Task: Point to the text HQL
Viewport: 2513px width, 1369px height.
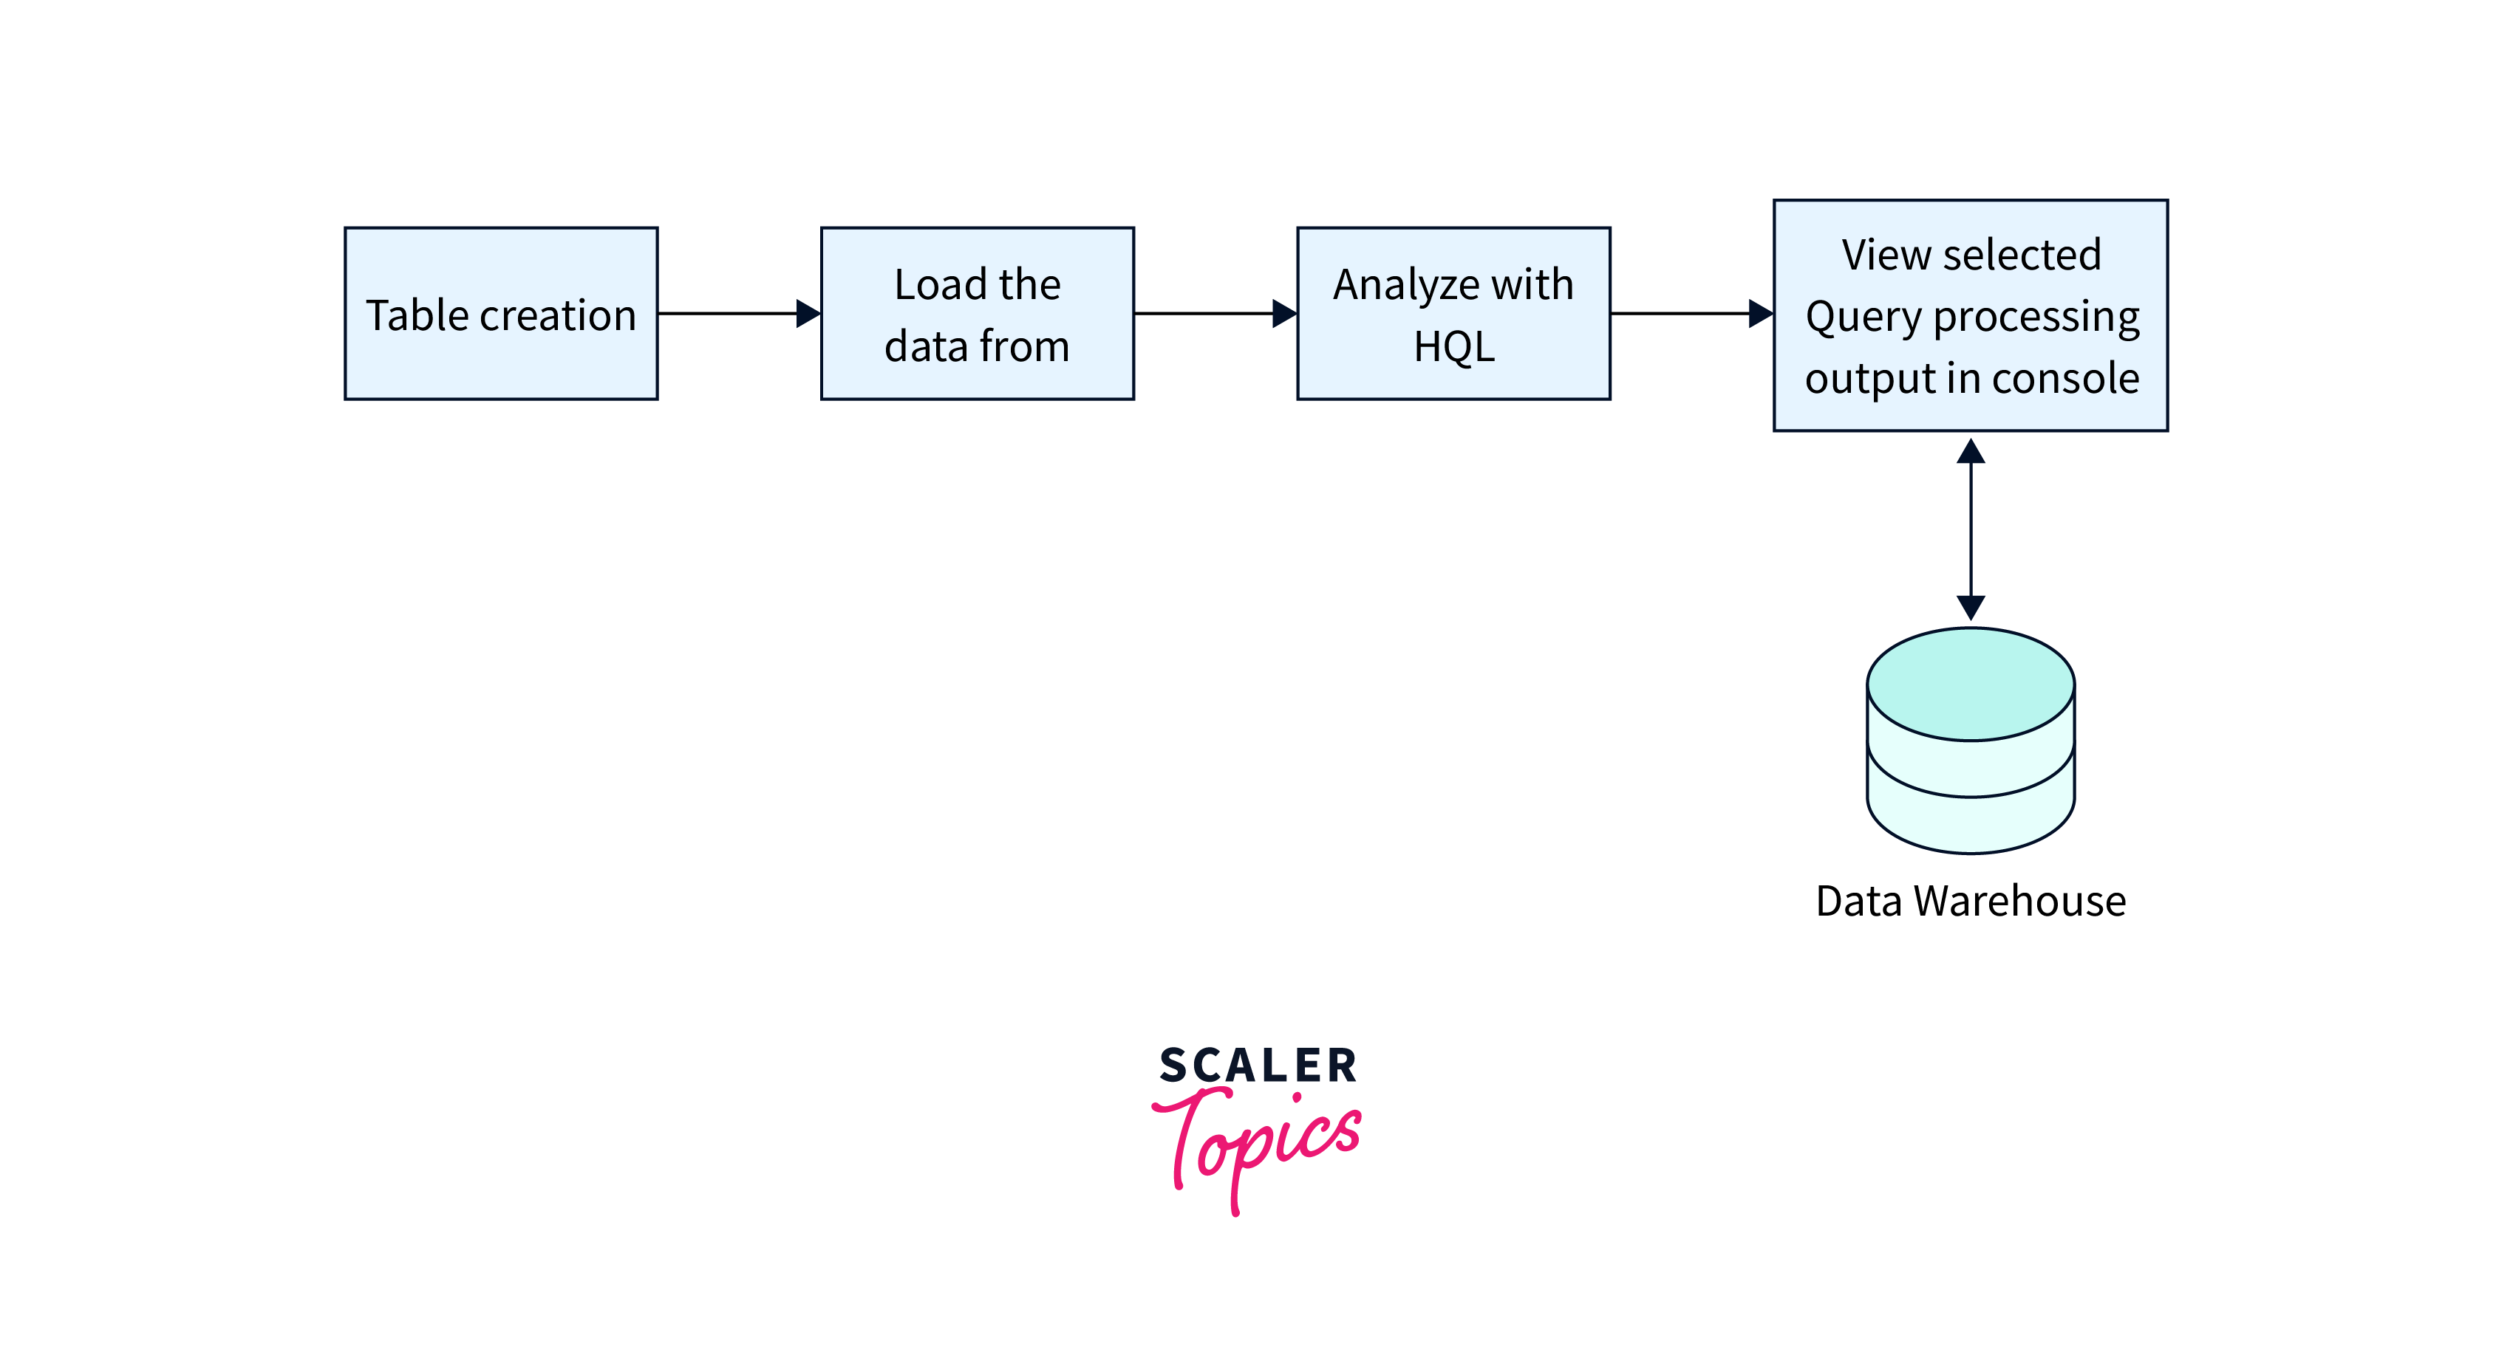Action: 1453,346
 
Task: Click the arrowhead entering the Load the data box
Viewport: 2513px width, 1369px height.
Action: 808,313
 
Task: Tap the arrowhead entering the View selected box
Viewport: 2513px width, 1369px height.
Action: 1760,313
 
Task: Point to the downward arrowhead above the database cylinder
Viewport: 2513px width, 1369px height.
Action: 1971,606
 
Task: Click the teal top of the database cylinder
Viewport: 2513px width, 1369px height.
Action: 1971,684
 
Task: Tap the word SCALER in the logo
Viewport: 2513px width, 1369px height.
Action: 1258,1066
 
